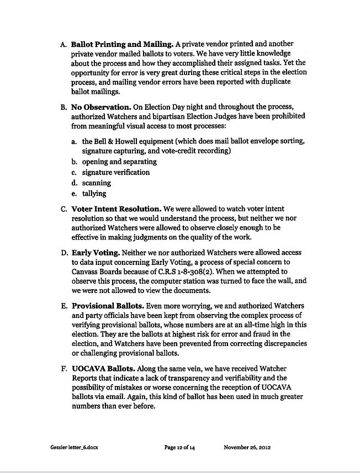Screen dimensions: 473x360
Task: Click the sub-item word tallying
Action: click(94, 194)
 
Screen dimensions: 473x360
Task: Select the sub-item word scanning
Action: click(96, 183)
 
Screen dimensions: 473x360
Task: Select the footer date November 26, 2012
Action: click(247, 448)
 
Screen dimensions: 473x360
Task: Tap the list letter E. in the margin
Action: click(63, 305)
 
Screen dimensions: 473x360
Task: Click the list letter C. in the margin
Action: click(63, 209)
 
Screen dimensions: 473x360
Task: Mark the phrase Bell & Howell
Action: click(117, 140)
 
